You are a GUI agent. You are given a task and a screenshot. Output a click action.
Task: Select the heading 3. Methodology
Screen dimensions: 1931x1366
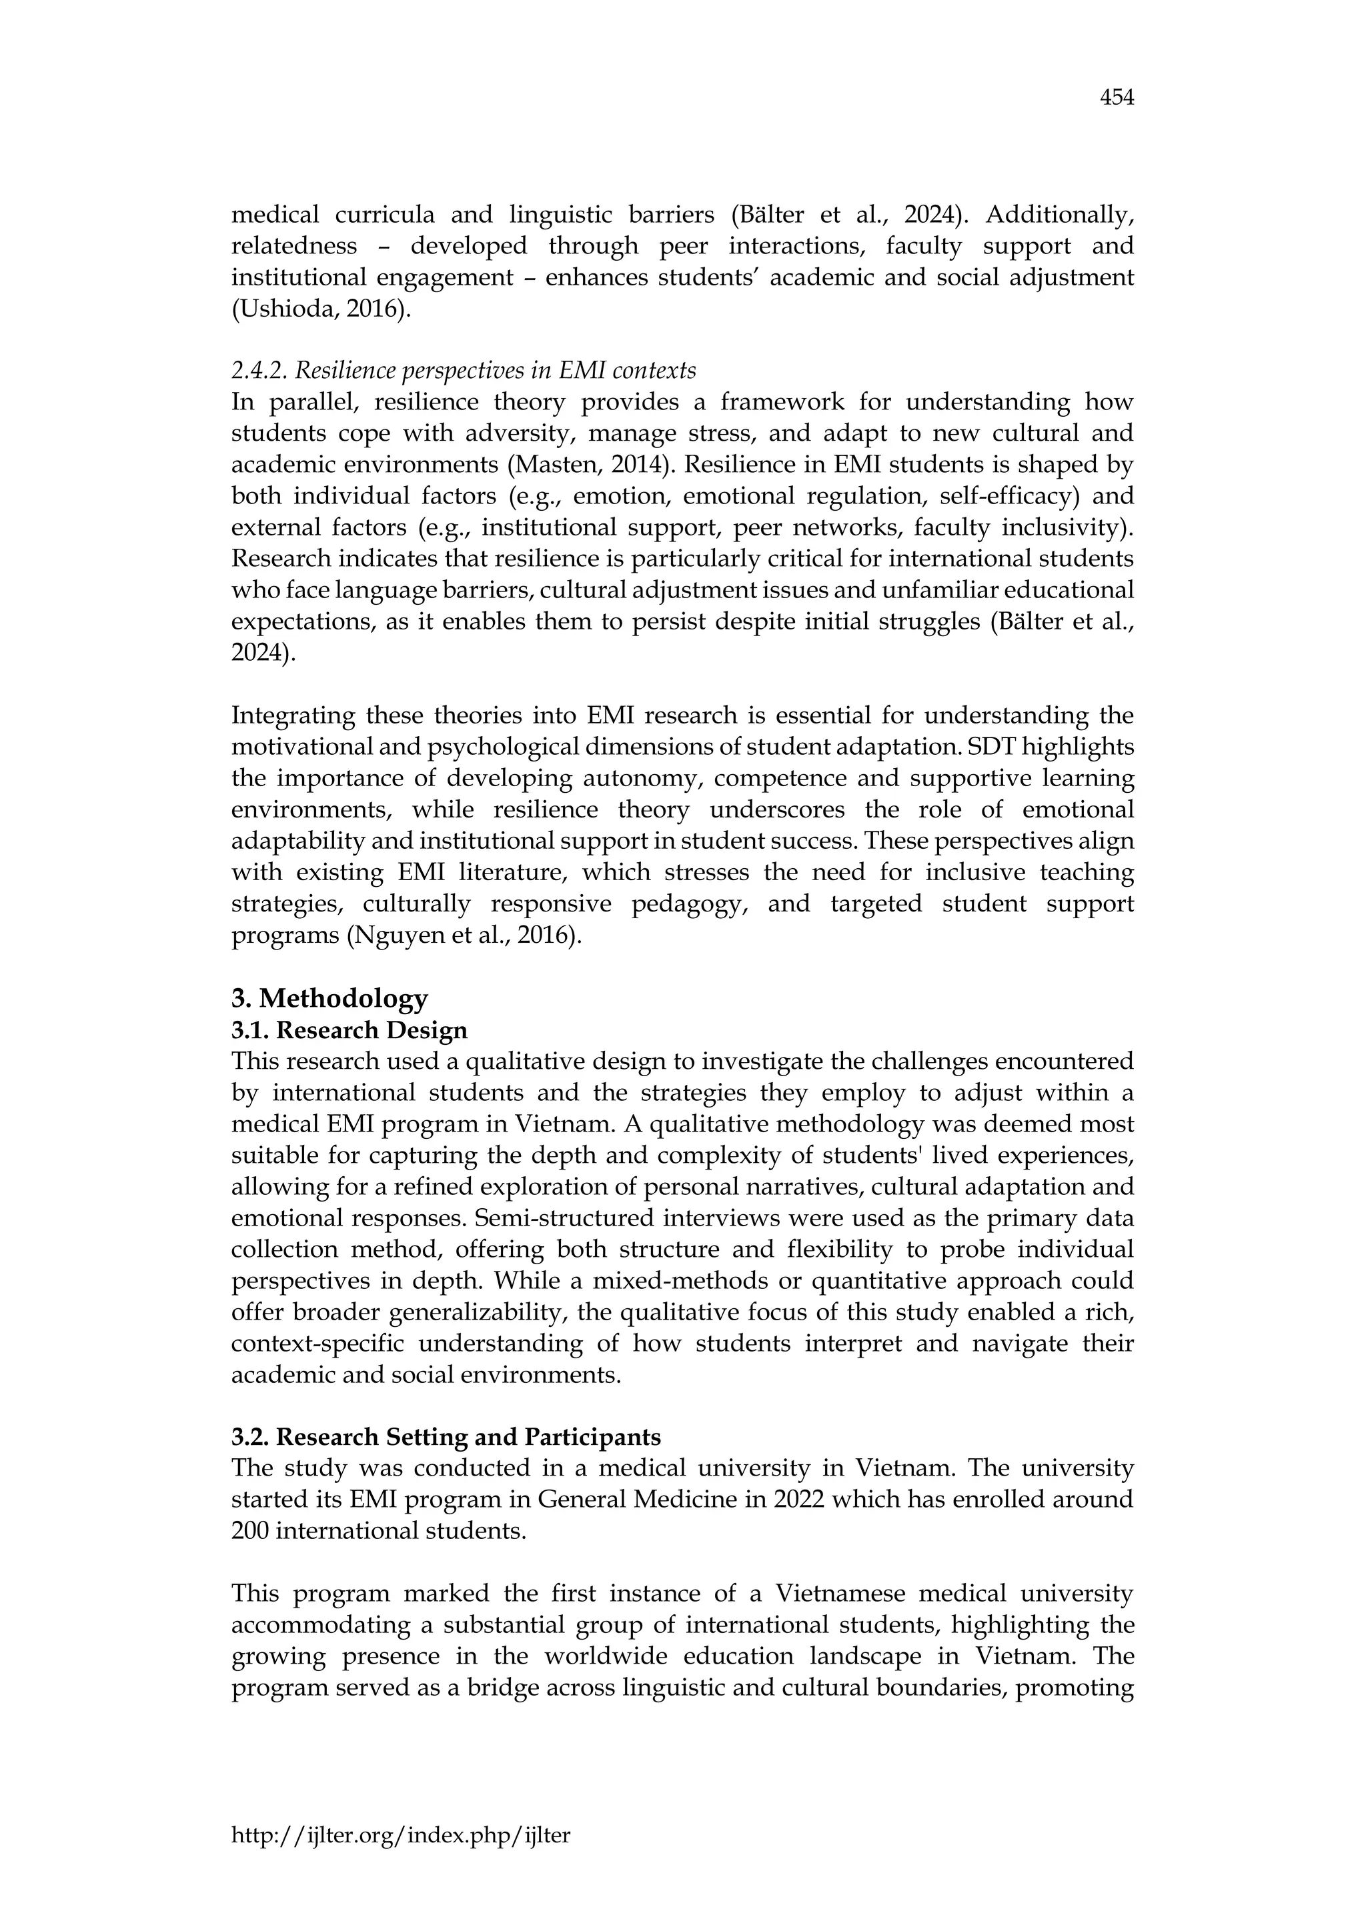tap(329, 998)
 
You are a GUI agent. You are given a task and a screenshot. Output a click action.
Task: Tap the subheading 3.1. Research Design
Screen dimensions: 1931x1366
tap(349, 1030)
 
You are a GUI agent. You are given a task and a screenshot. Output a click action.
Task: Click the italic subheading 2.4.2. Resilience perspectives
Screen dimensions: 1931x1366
tap(464, 370)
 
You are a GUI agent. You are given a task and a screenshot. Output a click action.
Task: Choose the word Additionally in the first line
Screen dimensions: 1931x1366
tap(1060, 215)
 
